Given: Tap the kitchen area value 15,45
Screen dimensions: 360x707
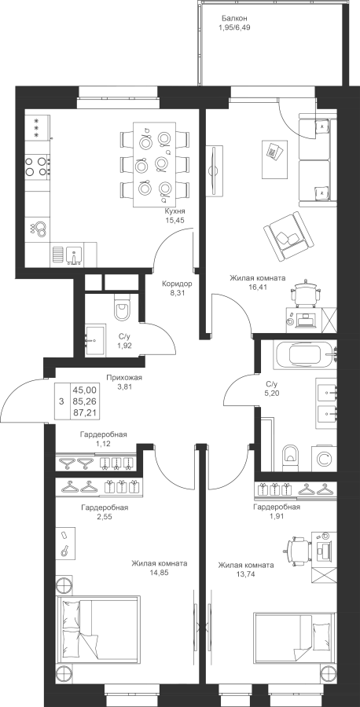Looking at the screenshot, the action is click(175, 220).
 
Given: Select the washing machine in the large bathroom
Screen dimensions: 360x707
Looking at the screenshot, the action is click(324, 459).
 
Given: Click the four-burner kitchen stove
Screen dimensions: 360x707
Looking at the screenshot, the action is click(37, 166).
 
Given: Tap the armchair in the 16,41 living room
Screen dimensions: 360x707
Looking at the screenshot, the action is click(288, 236).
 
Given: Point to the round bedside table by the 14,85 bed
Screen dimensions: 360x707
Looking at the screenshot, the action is click(64, 584).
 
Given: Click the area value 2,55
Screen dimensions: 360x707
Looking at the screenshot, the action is click(105, 517).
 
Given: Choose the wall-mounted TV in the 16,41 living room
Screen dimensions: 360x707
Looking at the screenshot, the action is click(215, 170).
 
